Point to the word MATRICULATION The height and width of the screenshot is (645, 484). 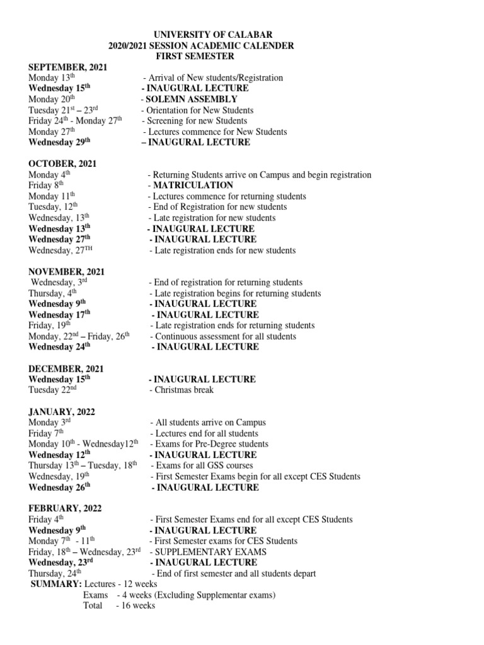coord(193,185)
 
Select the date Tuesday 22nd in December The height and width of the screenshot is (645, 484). coord(52,390)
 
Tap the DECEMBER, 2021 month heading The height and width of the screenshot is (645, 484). coord(66,368)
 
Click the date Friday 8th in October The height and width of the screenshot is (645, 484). coord(47,185)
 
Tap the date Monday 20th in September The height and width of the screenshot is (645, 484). coord(52,99)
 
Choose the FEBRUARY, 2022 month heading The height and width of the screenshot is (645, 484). coord(65,508)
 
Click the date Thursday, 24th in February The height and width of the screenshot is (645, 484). coord(55,573)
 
